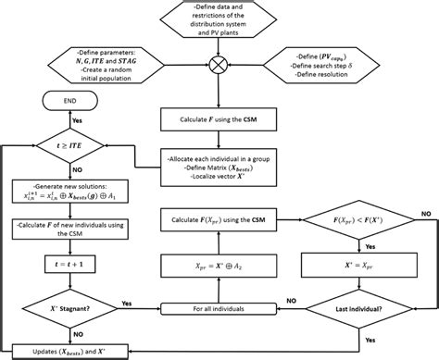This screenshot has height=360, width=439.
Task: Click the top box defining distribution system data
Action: tap(219, 20)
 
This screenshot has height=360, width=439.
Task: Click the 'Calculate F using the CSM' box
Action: tap(219, 118)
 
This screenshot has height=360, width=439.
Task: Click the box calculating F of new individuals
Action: tap(69, 230)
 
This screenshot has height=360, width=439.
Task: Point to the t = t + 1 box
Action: tap(69, 264)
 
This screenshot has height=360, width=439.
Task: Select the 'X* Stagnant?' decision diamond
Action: tap(69, 304)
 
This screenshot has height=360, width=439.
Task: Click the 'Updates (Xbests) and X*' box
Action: tap(69, 349)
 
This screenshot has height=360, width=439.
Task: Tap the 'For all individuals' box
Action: tap(219, 305)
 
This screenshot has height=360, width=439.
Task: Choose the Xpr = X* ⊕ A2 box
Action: tap(219, 264)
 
